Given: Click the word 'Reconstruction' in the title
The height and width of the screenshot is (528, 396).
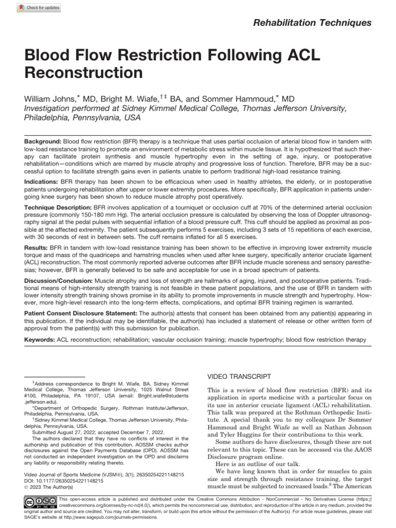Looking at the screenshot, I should tap(83, 72).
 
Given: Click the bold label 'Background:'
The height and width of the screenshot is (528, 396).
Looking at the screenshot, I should tap(43, 142).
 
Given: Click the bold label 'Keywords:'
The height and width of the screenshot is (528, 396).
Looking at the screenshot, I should tap(41, 340).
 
